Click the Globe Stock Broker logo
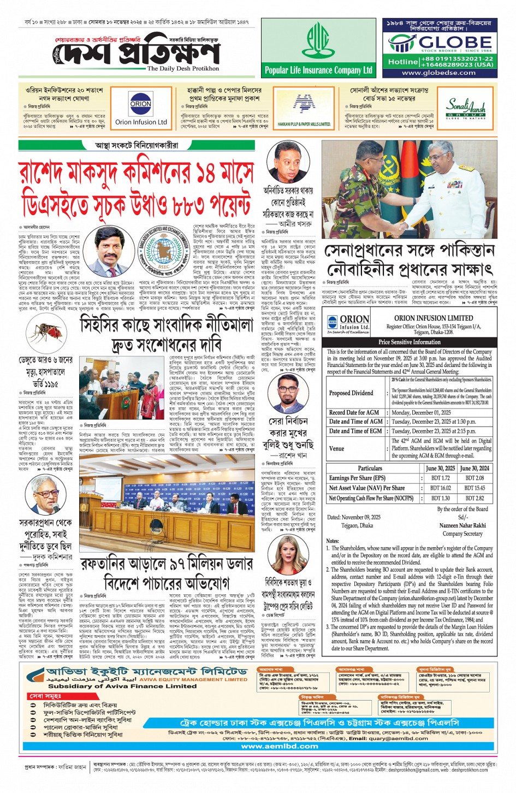pyautogui.click(x=440, y=43)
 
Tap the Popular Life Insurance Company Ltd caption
pyautogui.click(x=318, y=70)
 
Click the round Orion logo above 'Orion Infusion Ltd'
pyautogui.click(x=141, y=104)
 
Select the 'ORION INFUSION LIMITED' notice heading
pyautogui.click(x=433, y=318)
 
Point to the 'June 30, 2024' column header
pyautogui.click(x=475, y=468)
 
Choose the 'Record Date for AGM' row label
pyautogui.click(x=354, y=412)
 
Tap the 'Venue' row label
pyautogui.click(x=337, y=448)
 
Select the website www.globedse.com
pyautogui.click(x=438, y=73)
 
